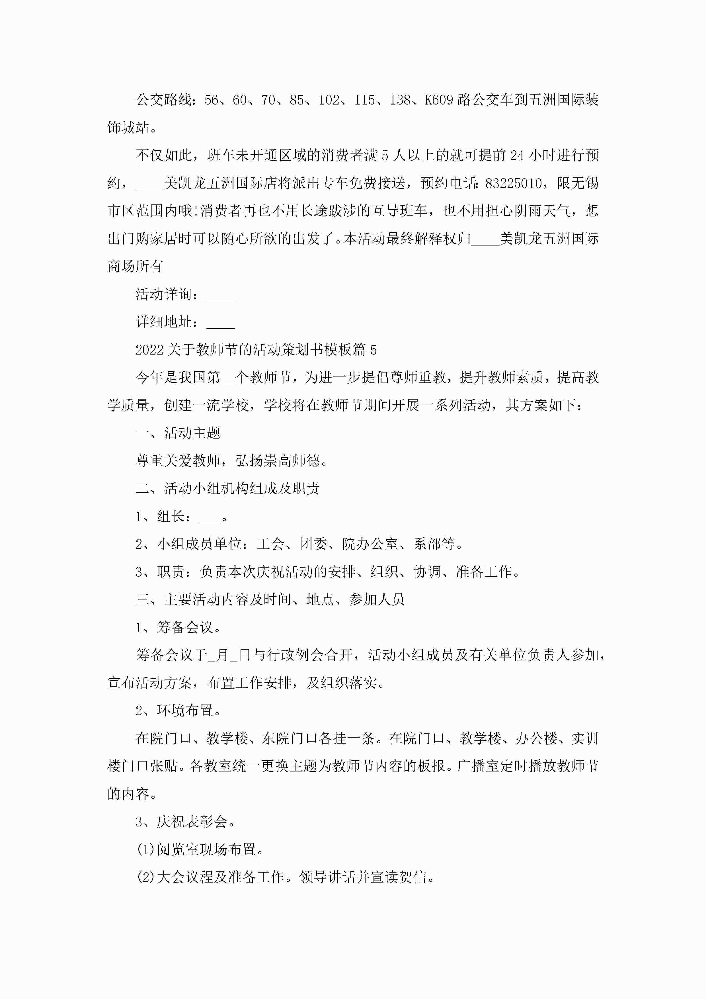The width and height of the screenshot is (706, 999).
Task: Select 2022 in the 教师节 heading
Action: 149,350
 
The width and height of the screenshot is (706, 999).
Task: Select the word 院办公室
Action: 370,544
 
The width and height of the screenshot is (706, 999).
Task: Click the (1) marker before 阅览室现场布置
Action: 146,850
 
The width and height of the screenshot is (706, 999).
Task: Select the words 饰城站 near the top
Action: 128,128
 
